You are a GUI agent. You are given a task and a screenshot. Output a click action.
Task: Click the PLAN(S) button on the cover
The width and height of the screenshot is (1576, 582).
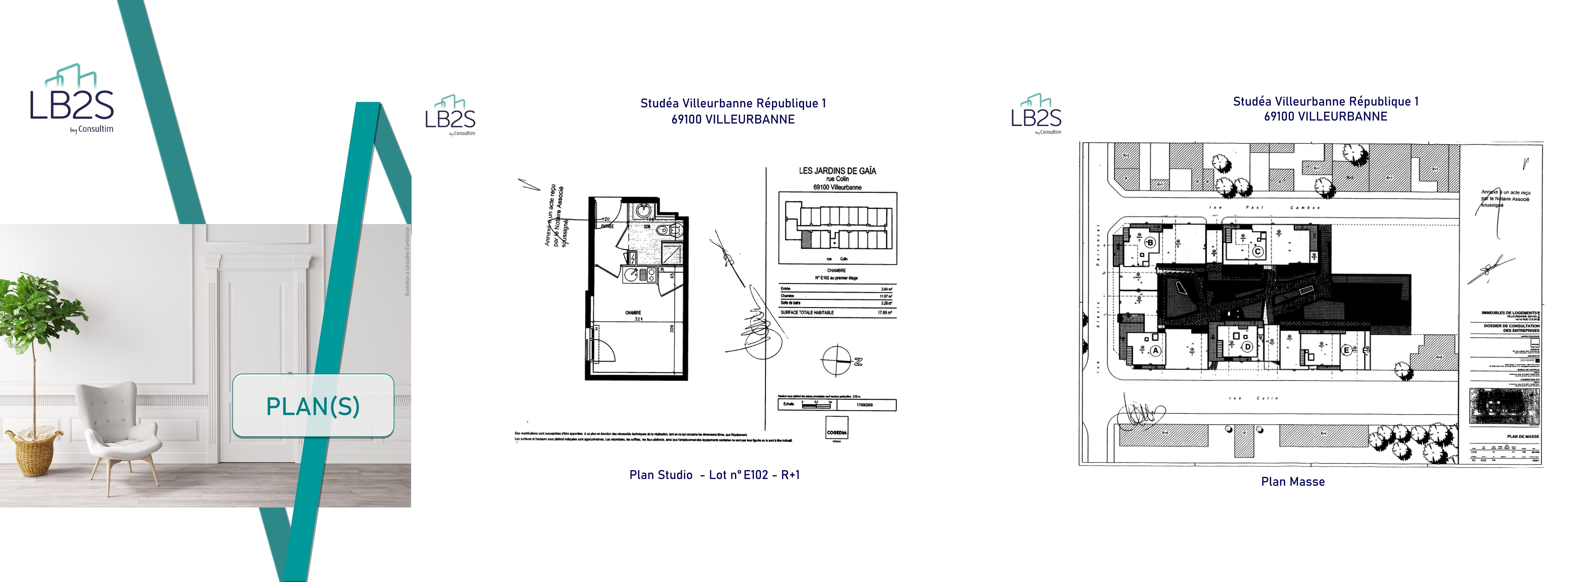click(313, 406)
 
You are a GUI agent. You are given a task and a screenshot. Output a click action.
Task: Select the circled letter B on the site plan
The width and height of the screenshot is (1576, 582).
click(1150, 242)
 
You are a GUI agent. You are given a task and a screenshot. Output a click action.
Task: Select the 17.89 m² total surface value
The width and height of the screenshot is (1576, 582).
click(885, 313)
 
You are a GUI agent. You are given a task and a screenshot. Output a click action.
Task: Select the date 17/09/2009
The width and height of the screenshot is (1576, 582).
click(865, 405)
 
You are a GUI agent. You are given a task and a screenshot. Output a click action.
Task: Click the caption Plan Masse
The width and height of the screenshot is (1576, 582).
click(1293, 482)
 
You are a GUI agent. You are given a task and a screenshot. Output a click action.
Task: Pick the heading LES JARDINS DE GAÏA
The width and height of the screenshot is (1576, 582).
click(837, 171)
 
